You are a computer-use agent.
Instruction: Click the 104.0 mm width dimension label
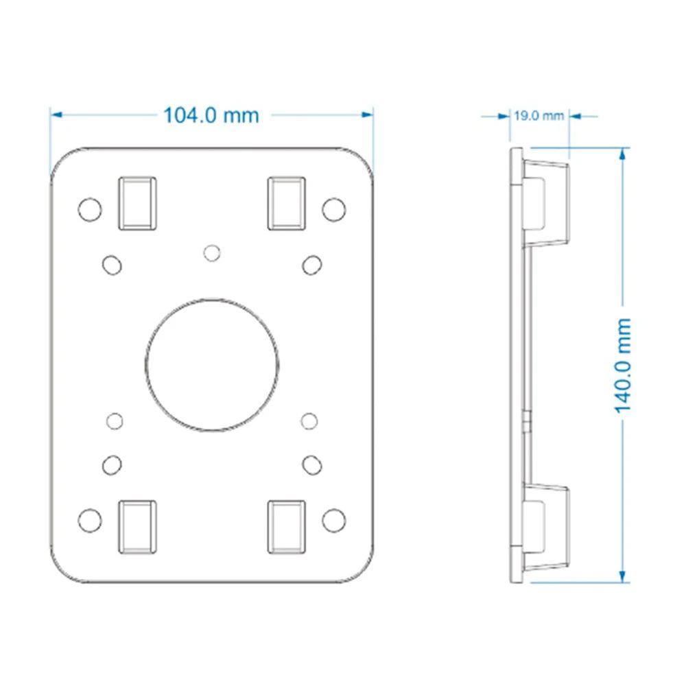tap(211, 115)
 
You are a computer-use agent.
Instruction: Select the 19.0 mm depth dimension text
tap(539, 116)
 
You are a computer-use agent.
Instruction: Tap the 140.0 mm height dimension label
tap(623, 366)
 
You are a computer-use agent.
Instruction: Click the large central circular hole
tap(212, 366)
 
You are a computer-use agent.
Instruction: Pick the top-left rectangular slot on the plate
tap(137, 204)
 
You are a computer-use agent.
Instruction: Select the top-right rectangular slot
tap(287, 204)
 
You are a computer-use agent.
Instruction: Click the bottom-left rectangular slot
tap(137, 527)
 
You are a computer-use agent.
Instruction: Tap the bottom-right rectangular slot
tap(287, 527)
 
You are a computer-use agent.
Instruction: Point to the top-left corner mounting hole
tap(90, 209)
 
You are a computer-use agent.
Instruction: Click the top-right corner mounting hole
tap(334, 209)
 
